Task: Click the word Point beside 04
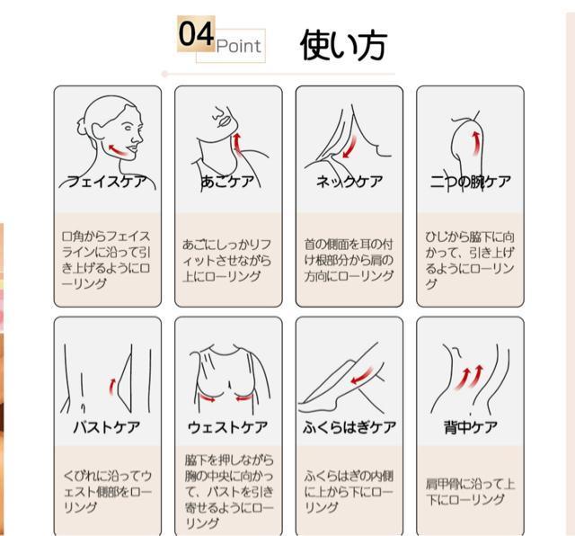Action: click(238, 46)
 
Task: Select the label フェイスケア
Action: click(107, 182)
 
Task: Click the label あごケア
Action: click(227, 182)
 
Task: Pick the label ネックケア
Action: click(349, 182)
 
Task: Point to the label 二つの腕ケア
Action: click(469, 182)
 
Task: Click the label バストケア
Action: click(107, 426)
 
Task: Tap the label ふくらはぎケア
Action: click(349, 426)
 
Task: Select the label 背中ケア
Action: click(469, 426)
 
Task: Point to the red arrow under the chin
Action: click(239, 142)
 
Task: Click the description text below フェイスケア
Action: click(107, 260)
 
